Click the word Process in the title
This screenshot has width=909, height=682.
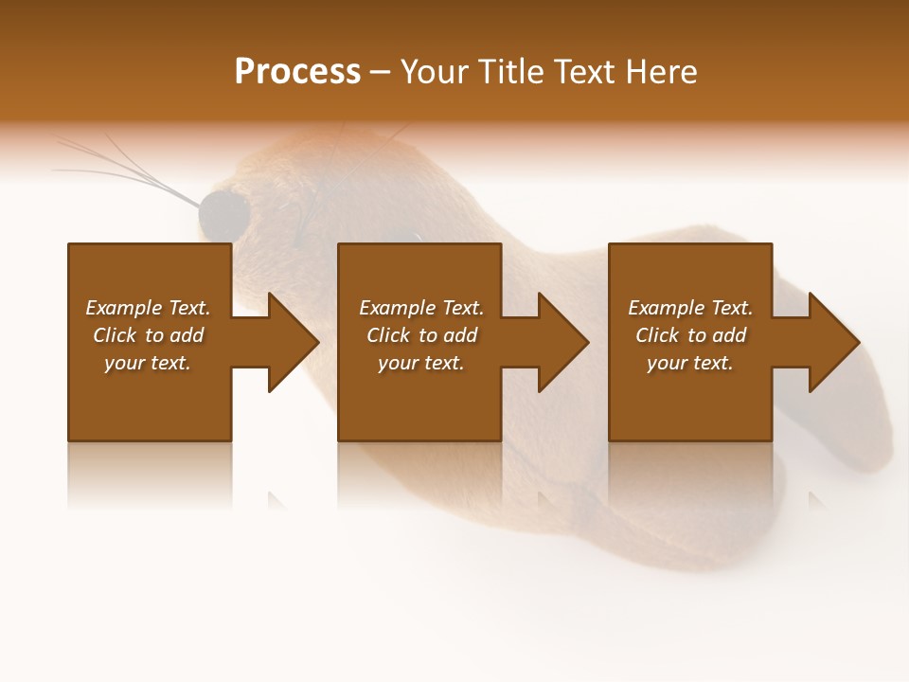(x=297, y=72)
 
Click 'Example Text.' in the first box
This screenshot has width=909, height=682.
(x=148, y=308)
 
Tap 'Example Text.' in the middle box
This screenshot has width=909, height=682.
(x=421, y=308)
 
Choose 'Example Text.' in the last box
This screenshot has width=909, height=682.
(x=690, y=308)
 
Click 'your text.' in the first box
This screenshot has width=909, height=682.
(x=148, y=363)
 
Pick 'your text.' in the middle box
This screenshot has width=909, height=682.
(x=421, y=363)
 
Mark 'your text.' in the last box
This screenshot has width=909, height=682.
(x=690, y=363)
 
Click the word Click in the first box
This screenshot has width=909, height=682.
(x=116, y=335)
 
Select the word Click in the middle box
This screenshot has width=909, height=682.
(x=389, y=335)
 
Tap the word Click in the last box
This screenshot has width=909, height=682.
(x=658, y=335)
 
